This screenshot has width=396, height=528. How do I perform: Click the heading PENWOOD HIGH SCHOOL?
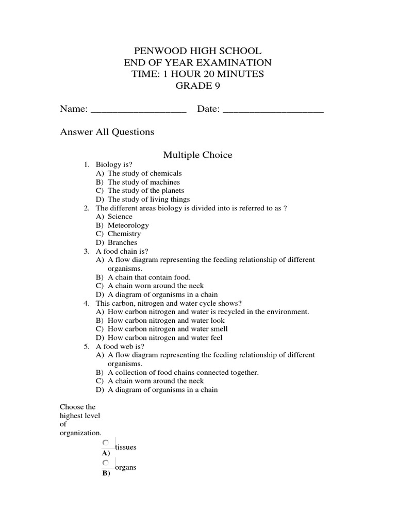[x=198, y=51]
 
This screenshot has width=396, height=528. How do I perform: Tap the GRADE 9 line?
[x=198, y=86]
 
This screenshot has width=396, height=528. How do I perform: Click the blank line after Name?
[x=138, y=110]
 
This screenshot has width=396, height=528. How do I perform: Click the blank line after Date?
[x=273, y=110]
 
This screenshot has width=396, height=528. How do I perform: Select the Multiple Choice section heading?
[x=198, y=155]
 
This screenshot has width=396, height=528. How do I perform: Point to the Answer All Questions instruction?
[x=107, y=132]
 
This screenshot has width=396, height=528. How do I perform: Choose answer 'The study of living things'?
[x=148, y=199]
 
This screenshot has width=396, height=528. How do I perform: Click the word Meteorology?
[x=128, y=225]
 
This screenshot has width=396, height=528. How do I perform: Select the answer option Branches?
[x=123, y=242]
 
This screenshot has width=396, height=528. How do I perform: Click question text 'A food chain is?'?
[x=122, y=251]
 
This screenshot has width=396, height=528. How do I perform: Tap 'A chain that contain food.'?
[x=149, y=277]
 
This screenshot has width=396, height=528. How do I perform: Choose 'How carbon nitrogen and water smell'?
[x=168, y=329]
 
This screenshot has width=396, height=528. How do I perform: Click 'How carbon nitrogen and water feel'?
[x=165, y=338]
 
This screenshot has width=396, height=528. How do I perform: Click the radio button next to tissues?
[x=106, y=442]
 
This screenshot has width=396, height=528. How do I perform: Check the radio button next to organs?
[x=106, y=463]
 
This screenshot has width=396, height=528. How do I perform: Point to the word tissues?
[x=126, y=447]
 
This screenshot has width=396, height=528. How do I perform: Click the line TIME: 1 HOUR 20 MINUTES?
[x=198, y=74]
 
